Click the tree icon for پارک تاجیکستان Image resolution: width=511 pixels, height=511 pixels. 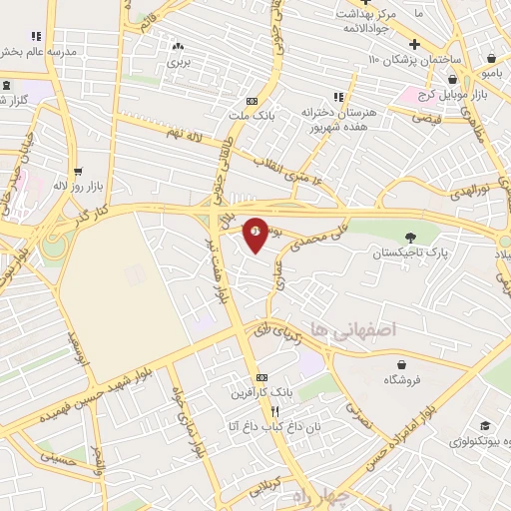click(410, 238)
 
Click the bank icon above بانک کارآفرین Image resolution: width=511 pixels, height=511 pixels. click(261, 377)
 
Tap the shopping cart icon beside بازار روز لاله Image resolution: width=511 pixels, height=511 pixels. click(78, 171)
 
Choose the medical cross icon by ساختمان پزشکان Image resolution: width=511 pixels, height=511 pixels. click(414, 45)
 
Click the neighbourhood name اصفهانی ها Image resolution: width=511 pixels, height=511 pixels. click(353, 328)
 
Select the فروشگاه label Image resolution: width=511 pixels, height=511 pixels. click(403, 380)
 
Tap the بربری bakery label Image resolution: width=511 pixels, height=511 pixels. click(178, 62)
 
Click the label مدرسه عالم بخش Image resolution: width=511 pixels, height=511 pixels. click(40, 52)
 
